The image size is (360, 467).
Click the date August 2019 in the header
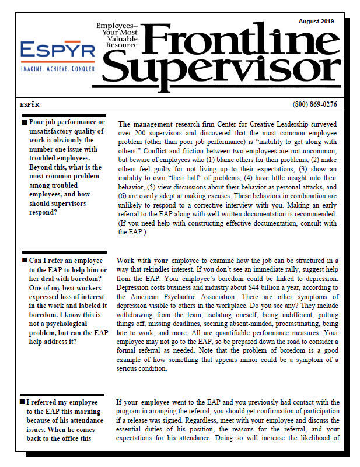point(316,22)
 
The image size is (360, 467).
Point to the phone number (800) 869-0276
point(314,104)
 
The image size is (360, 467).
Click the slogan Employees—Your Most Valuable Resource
point(117,36)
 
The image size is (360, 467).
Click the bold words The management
point(145,124)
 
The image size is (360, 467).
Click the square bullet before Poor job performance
point(24,122)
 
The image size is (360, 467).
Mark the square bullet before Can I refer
point(24,261)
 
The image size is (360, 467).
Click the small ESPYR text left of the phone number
point(29,104)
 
